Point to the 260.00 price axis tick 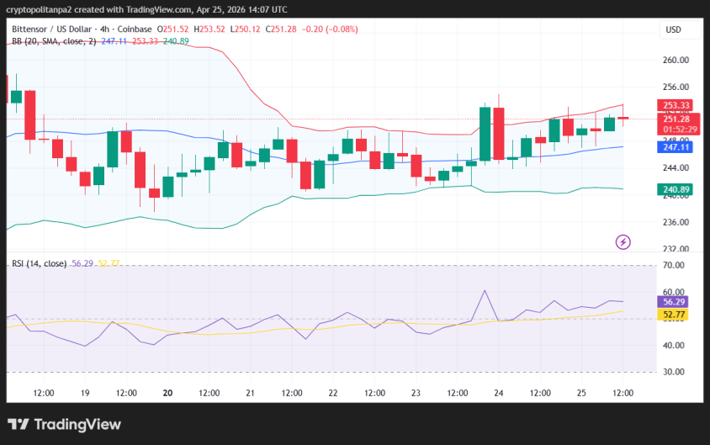pos(676,60)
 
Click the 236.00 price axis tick pos(676,222)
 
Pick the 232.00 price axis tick pos(676,249)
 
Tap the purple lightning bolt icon pos(623,242)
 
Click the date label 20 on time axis pos(167,393)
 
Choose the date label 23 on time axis pos(416,393)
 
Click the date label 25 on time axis pos(580,393)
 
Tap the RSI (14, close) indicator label pos(39,263)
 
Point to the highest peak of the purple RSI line pos(485,291)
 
